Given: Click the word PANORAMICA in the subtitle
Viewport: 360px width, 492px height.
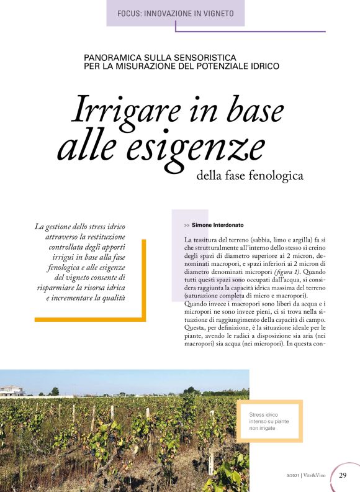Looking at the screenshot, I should [x=110, y=57].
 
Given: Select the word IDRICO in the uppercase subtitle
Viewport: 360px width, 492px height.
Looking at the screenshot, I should [x=263, y=66].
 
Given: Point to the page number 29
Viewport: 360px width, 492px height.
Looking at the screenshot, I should [x=343, y=476].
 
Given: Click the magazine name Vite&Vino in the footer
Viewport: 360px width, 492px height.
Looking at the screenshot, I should [x=317, y=476].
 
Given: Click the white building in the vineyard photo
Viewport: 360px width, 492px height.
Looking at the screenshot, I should [x=11, y=391].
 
